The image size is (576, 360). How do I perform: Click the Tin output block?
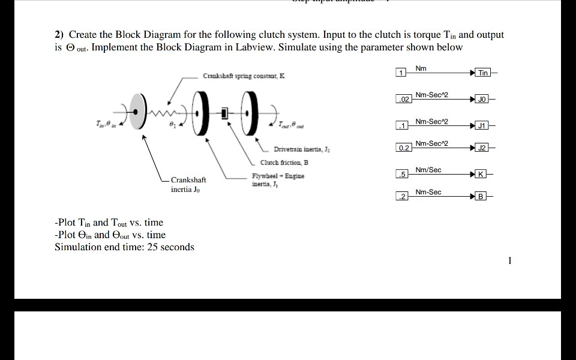pyautogui.click(x=483, y=73)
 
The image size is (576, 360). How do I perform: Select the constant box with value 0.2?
pyautogui.click(x=403, y=148)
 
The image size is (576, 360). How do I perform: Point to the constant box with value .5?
pyautogui.click(x=403, y=175)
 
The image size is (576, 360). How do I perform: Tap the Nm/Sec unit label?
pyautogui.click(x=428, y=170)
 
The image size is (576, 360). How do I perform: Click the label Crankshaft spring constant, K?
pyautogui.click(x=244, y=77)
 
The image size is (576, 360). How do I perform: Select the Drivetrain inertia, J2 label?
pyautogui.click(x=299, y=149)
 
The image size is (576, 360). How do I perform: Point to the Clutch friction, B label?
pyautogui.click(x=284, y=163)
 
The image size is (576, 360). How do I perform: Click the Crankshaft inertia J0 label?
pyautogui.click(x=188, y=185)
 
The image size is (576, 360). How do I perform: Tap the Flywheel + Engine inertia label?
pyautogui.click(x=278, y=179)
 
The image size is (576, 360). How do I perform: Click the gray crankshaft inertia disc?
pyautogui.click(x=139, y=112)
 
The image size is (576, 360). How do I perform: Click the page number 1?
pyautogui.click(x=509, y=260)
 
